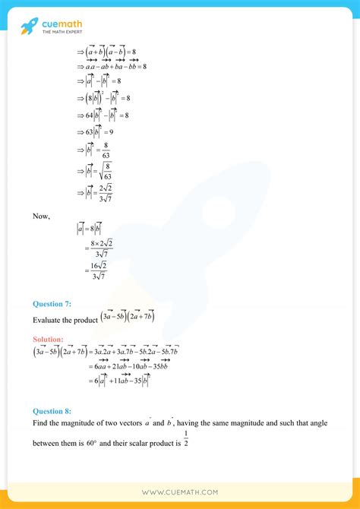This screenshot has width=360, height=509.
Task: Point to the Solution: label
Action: coord(49,339)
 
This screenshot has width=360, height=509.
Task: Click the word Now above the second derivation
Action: coord(41,216)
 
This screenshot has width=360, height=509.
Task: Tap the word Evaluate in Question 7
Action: coord(49,320)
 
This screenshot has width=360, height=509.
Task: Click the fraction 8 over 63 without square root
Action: coord(107,150)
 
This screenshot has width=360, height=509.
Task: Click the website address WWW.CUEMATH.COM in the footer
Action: coord(179,492)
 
